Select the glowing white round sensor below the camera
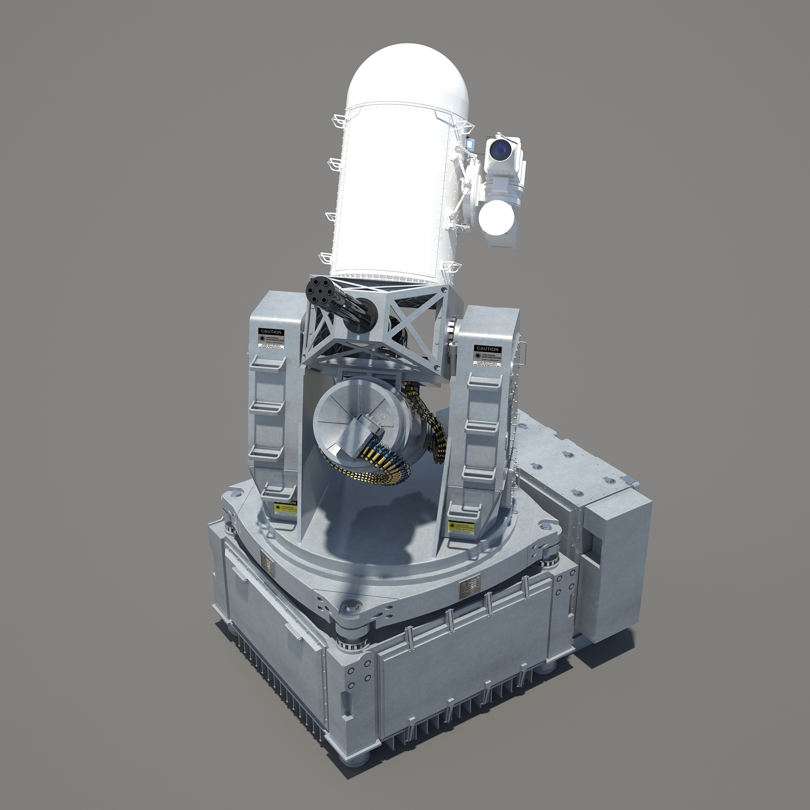coord(497,218)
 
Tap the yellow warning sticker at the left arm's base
coord(286,507)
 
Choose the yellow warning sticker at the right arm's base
coord(461,526)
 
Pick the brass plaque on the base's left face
coord(265,560)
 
